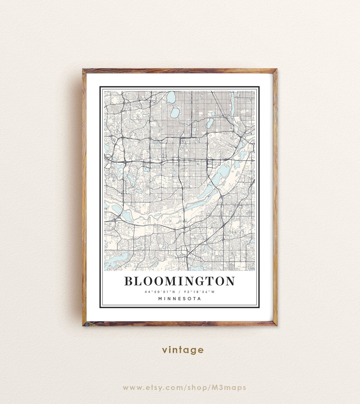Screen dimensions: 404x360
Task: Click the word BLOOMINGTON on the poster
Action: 180,281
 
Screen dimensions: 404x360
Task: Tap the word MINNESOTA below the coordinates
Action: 180,299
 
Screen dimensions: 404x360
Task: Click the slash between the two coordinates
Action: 180,292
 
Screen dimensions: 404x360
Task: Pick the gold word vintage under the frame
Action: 183,350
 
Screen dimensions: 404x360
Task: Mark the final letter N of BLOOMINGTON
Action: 230,281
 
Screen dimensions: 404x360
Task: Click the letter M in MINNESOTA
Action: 161,299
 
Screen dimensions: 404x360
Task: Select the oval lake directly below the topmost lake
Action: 175,113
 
